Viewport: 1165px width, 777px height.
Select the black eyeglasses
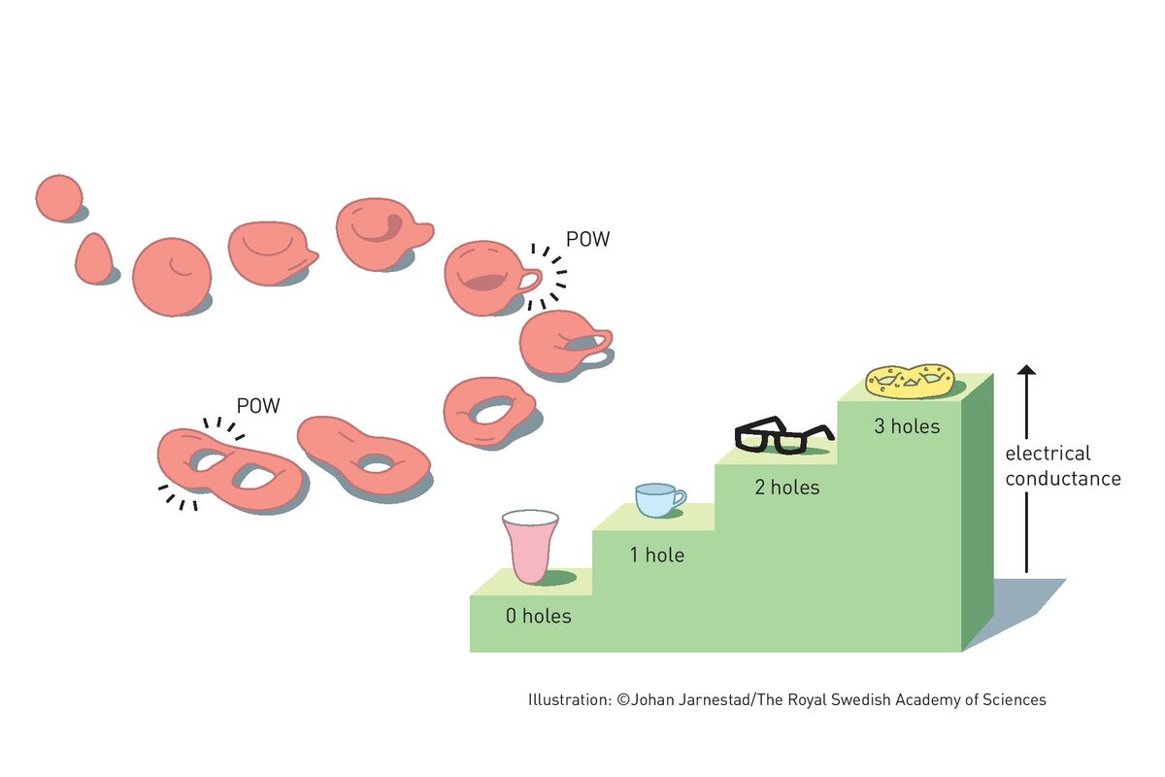click(x=783, y=436)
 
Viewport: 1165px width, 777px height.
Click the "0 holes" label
click(x=538, y=616)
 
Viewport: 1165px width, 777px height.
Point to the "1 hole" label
click(x=657, y=556)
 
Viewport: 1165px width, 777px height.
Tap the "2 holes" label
click(x=787, y=488)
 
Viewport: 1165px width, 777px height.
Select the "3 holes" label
click(x=907, y=425)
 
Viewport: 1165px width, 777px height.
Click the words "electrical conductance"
click(x=1062, y=466)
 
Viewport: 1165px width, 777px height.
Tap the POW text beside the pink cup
click(x=587, y=239)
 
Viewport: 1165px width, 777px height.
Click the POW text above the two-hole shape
click(x=258, y=406)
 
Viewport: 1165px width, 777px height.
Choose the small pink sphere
click(x=58, y=198)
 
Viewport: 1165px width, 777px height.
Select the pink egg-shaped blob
click(x=93, y=259)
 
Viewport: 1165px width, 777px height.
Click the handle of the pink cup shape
click(x=527, y=282)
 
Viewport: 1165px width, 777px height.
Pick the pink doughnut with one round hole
click(x=487, y=412)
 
